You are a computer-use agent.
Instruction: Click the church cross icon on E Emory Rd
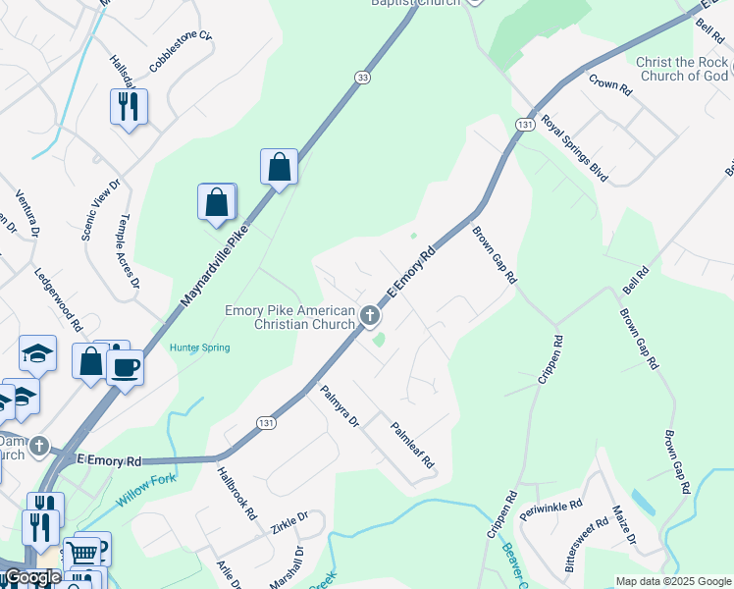pyautogui.click(x=370, y=315)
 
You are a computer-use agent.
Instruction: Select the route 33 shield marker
pyautogui.click(x=363, y=78)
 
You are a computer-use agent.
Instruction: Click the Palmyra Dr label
pyautogui.click(x=341, y=406)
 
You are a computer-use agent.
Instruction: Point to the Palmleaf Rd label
pyautogui.click(x=412, y=443)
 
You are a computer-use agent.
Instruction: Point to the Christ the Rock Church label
pyautogui.click(x=682, y=69)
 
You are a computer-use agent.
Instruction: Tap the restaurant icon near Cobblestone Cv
pyautogui.click(x=129, y=106)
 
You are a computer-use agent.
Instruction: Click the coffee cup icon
pyautogui.click(x=126, y=368)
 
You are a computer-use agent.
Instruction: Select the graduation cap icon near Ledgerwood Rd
pyautogui.click(x=38, y=353)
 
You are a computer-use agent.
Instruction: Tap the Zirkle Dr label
pyautogui.click(x=288, y=521)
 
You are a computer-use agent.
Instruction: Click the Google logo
pyautogui.click(x=32, y=578)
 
